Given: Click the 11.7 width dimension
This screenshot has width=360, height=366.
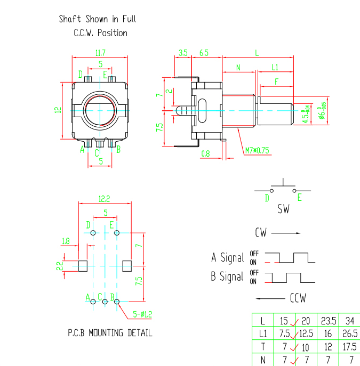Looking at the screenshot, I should [100, 53].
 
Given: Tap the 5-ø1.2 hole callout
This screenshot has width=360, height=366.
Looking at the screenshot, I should [142, 314].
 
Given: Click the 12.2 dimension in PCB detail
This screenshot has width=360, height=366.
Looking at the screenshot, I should [104, 199].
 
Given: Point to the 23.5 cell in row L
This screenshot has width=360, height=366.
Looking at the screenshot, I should [327, 321].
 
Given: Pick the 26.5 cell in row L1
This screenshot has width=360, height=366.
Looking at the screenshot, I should [349, 334].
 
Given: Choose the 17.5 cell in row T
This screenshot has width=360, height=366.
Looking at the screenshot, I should [349, 347].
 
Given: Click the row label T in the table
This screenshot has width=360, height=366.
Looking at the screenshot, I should [262, 347].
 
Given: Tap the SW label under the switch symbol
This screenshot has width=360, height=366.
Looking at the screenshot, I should [283, 209].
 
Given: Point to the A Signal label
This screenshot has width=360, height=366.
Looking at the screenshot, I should [227, 258].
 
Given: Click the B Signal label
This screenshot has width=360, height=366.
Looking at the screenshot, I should [227, 277].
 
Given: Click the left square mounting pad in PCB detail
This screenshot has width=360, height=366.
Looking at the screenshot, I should [83, 265].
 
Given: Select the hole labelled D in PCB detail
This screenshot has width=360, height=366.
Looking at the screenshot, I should [93, 233].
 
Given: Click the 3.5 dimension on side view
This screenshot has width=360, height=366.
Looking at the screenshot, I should [183, 53].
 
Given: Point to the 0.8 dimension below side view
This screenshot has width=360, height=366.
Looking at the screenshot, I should [205, 154].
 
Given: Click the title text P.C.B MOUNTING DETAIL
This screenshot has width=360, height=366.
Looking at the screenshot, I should [110, 334].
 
